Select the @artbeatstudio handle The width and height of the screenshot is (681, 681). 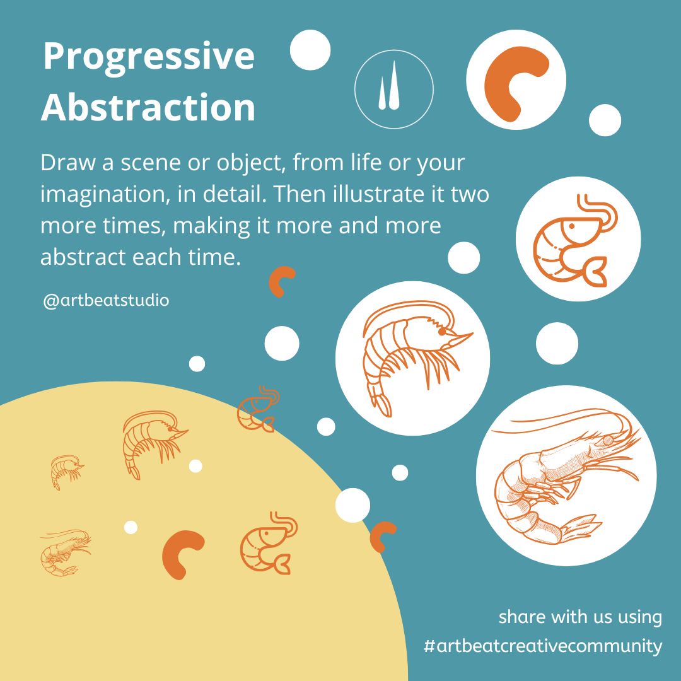pos(106,301)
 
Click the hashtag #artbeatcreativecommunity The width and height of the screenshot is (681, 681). pos(543,646)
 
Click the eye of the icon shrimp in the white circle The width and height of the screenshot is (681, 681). pos(572,226)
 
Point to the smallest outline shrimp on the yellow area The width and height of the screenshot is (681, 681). pos(66,472)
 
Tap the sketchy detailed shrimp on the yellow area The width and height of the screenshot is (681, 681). pos(65,552)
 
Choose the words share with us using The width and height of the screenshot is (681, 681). pos(580,617)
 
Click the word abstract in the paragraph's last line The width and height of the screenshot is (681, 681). pos(83,257)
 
